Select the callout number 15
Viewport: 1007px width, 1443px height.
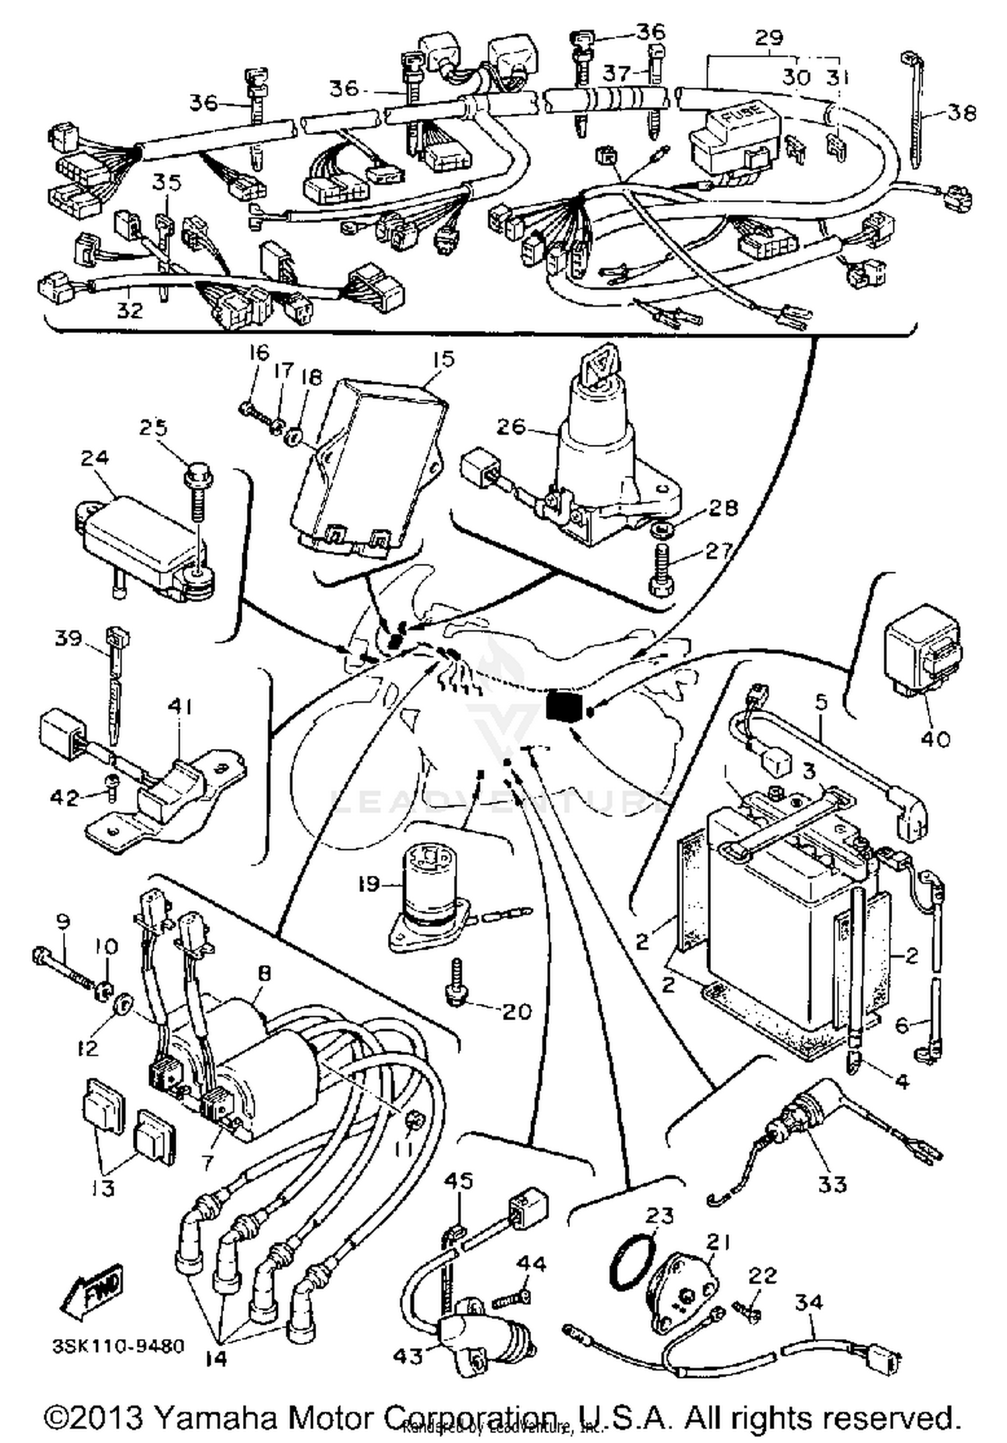tap(443, 359)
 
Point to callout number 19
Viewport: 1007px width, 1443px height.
tap(369, 884)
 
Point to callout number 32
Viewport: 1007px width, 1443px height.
tap(130, 310)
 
